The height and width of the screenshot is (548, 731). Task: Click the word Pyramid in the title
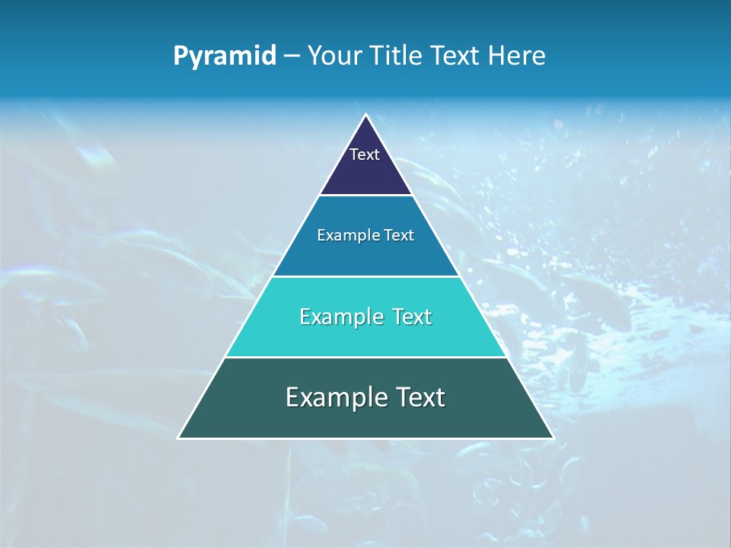coord(225,56)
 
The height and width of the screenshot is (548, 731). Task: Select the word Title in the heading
coord(399,56)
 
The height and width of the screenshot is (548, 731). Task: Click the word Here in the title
coord(517,56)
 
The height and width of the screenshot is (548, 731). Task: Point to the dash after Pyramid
coord(292,56)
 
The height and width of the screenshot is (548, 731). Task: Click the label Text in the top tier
coord(365,155)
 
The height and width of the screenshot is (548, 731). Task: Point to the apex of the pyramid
coord(365,116)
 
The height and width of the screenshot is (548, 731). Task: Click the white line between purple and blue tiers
coord(365,196)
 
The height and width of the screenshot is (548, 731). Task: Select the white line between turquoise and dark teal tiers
coord(365,357)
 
